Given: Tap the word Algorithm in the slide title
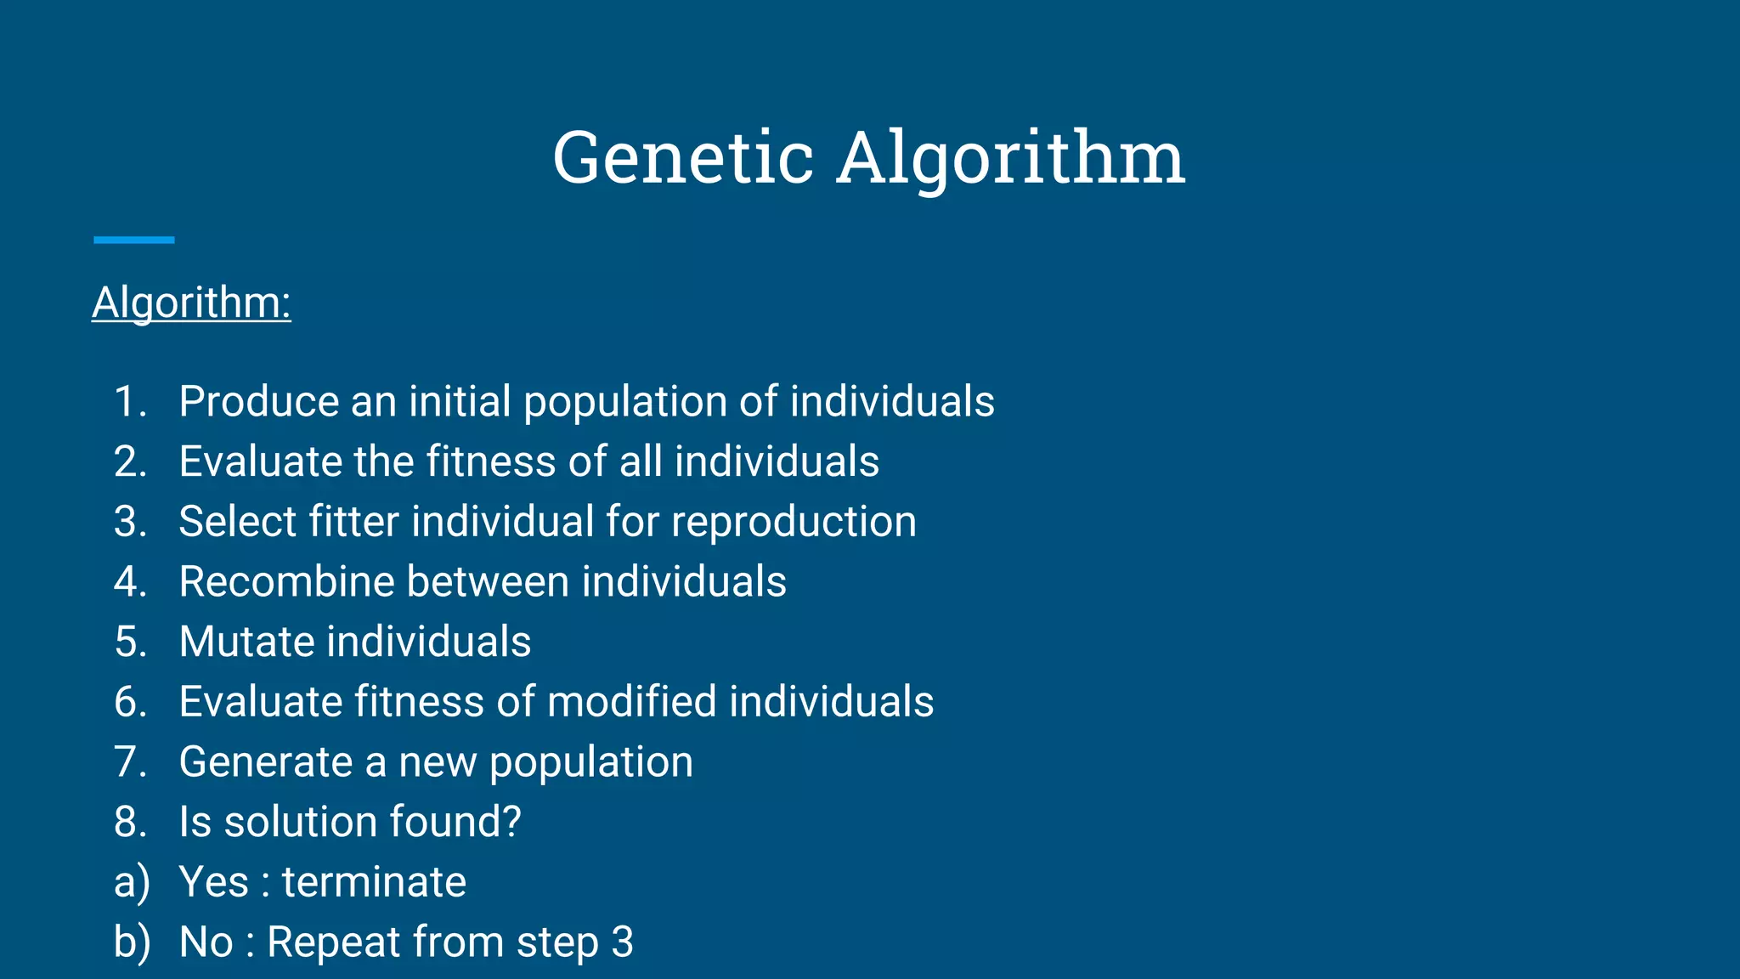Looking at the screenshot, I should [1011, 160].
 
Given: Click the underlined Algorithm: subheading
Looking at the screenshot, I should [191, 303].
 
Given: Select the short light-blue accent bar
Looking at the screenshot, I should [134, 241].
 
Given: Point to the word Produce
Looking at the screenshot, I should [259, 401].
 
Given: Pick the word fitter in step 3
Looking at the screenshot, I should [353, 521].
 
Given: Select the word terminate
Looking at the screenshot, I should [374, 882].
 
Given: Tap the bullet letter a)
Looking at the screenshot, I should [132, 882].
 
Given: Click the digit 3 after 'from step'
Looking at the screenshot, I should [622, 942].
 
